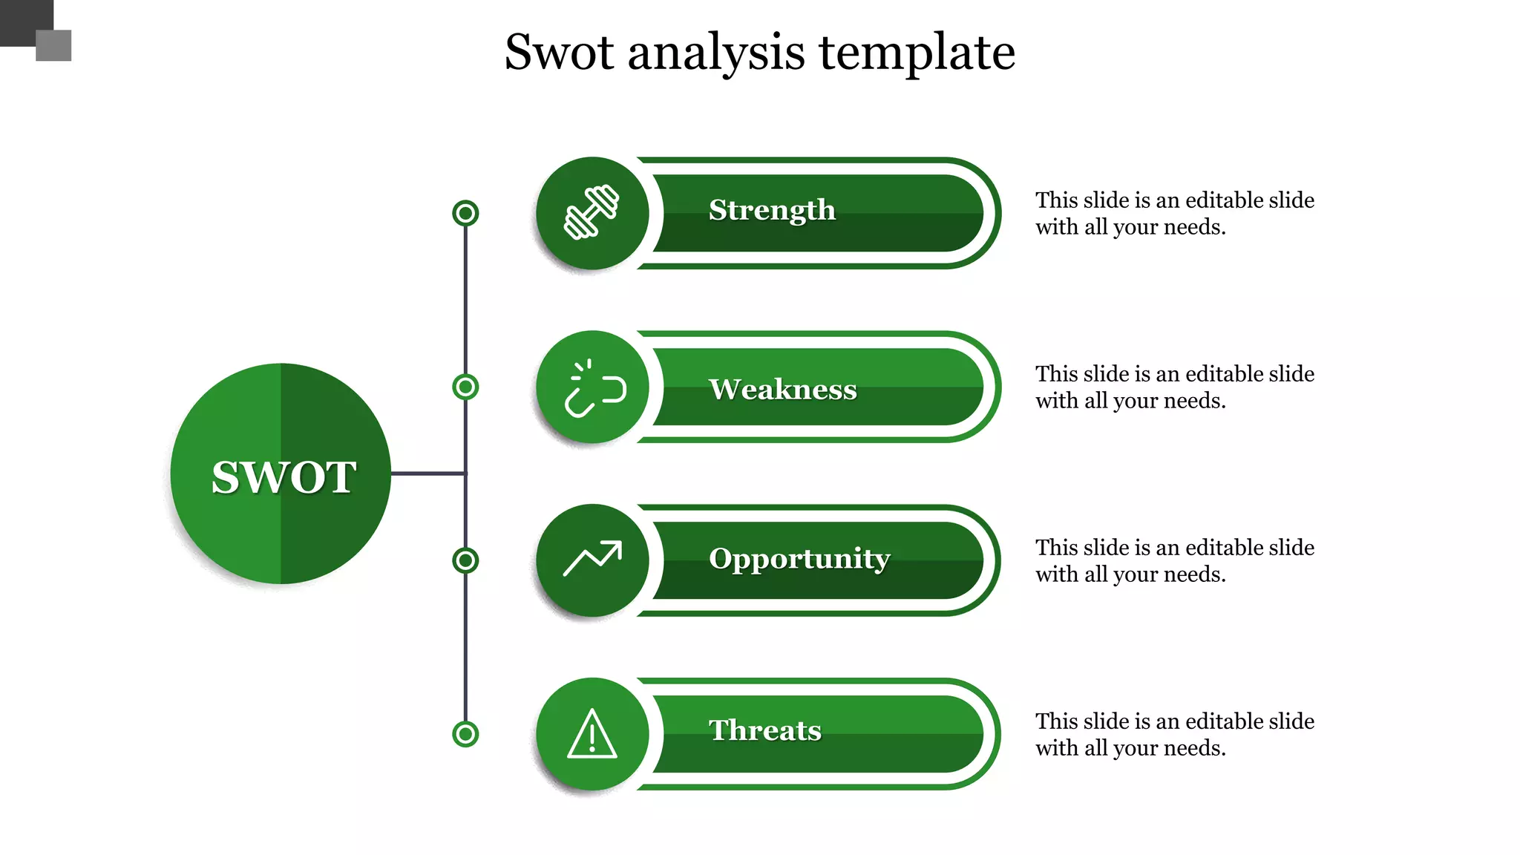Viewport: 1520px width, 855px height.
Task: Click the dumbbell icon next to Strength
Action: (592, 212)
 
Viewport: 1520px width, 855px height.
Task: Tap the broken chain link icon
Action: (594, 388)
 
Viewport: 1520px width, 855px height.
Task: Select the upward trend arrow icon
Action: (592, 559)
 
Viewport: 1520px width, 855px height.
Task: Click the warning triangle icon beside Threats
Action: (592, 734)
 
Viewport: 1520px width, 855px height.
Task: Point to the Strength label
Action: (772, 210)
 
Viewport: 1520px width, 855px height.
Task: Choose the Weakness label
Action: (782, 389)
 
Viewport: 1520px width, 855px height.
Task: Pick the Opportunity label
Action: (799, 558)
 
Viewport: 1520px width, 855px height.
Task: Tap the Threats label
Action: (765, 730)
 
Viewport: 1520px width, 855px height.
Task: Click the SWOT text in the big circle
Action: (284, 476)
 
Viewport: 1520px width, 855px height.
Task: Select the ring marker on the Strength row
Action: (465, 214)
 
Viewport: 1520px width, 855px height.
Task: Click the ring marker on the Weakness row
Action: (465, 387)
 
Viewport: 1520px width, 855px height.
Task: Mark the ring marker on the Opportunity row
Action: (465, 560)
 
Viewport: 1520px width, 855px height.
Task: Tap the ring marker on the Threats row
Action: (465, 734)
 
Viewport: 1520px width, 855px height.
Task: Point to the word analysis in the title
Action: (716, 53)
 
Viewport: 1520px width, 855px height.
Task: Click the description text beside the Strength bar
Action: (1174, 213)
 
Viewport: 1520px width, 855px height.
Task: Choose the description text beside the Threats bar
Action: (1174, 734)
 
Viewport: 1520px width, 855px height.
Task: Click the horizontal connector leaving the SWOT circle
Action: (427, 473)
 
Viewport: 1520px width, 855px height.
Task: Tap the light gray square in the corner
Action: (53, 45)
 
